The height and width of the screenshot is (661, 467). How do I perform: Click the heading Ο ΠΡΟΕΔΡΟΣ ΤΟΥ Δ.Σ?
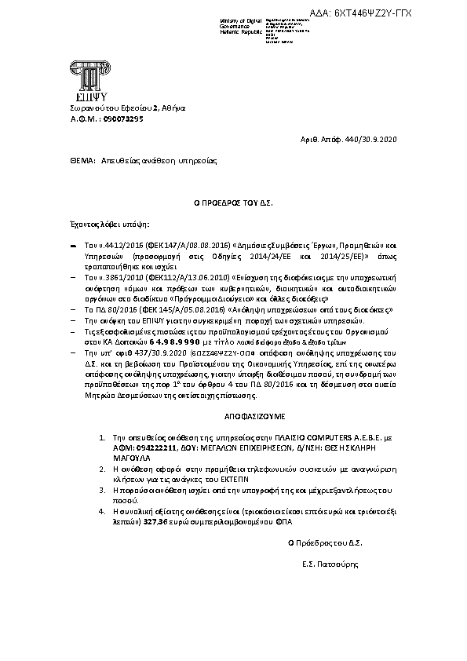pos(233,202)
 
